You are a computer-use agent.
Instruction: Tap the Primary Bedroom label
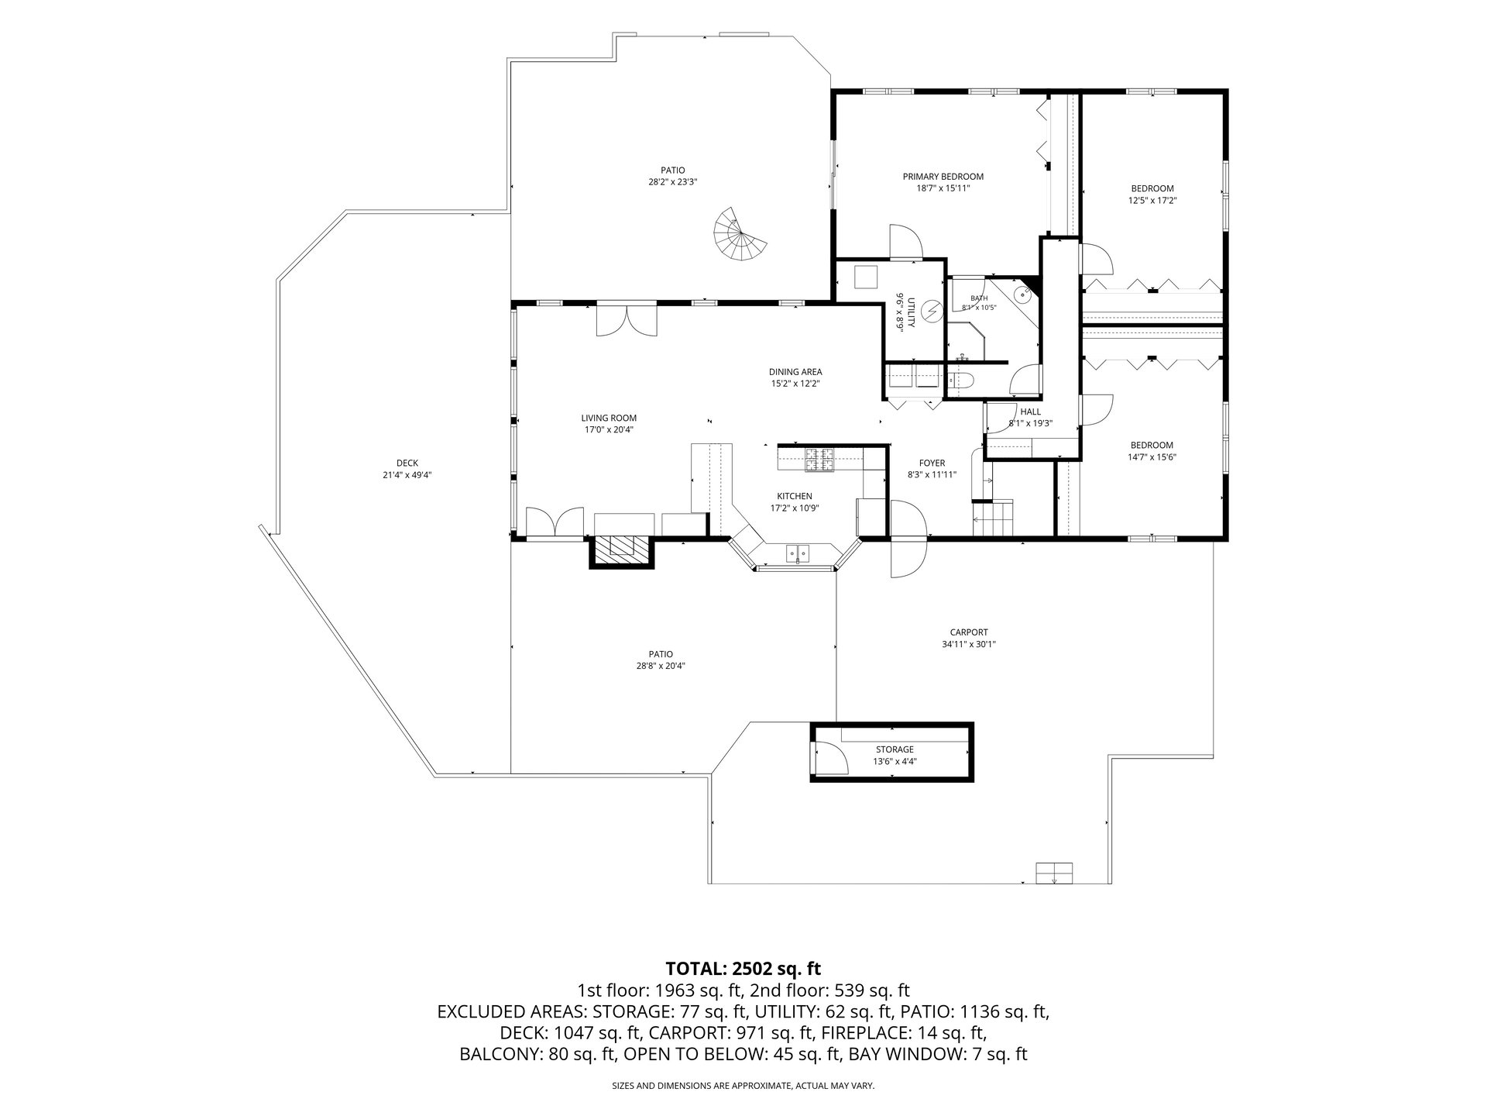(943, 177)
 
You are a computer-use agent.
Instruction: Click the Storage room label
(895, 749)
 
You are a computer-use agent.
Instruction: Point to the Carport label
(968, 632)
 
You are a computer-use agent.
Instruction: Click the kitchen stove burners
(819, 460)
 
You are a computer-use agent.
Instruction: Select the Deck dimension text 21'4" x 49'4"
(407, 475)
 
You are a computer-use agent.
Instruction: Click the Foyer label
(932, 463)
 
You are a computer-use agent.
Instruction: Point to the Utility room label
(911, 312)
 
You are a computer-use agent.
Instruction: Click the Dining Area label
(795, 372)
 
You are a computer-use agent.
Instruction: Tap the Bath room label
(979, 298)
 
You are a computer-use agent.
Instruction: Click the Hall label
(1030, 412)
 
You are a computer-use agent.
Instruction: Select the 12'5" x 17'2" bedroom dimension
(1152, 200)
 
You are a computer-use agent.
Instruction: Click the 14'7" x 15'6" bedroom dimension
(1152, 457)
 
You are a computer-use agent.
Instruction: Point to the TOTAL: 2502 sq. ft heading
(743, 968)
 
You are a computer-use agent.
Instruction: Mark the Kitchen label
(795, 496)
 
